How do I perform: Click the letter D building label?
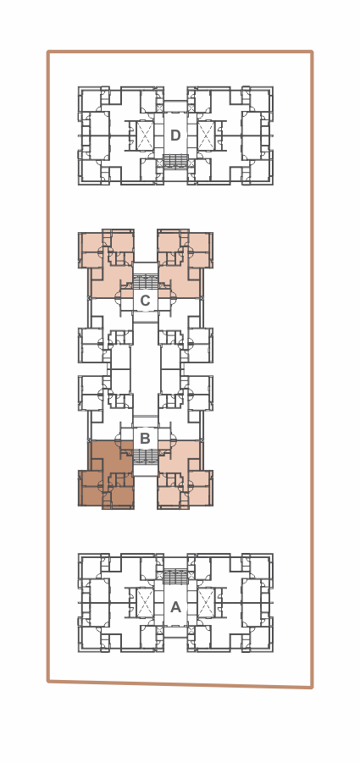click(x=175, y=135)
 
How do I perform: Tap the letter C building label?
click(x=145, y=301)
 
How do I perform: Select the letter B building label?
click(x=145, y=439)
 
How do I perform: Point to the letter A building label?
click(x=175, y=607)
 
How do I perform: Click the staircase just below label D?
click(x=175, y=161)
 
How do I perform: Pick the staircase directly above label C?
click(x=146, y=282)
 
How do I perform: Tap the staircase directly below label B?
click(x=146, y=456)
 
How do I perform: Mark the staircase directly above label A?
click(x=175, y=577)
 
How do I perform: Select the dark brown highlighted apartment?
click(x=107, y=479)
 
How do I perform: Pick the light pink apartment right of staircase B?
click(x=184, y=474)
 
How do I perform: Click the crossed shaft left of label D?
click(x=145, y=135)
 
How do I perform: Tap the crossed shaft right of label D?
click(x=206, y=135)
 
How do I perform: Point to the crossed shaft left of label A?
click(x=145, y=602)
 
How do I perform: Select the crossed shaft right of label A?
click(x=206, y=602)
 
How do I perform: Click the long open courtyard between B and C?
click(x=146, y=370)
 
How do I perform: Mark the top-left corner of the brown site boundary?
click(x=48, y=52)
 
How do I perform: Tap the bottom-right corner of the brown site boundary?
click(x=312, y=687)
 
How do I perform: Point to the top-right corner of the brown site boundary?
click(x=312, y=52)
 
